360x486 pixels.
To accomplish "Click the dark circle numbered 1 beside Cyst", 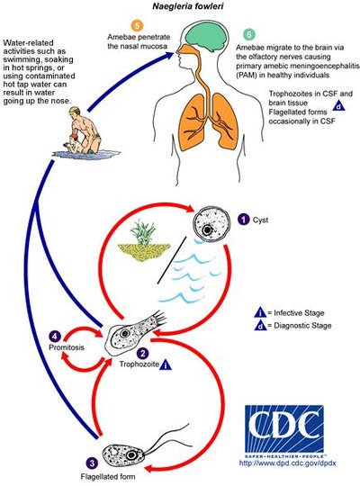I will pyautogui.click(x=244, y=219).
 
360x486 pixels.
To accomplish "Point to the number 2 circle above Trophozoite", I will pyautogui.click(x=143, y=355).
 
